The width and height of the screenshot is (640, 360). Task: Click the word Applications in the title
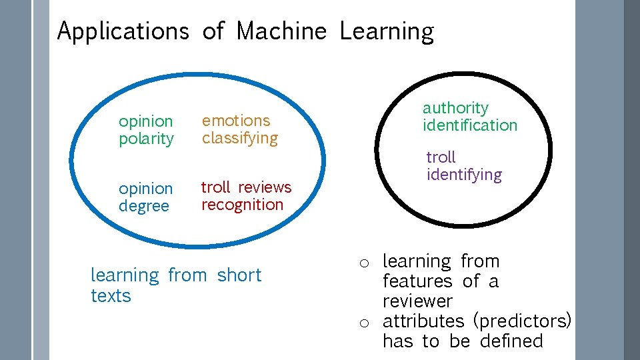coord(123,31)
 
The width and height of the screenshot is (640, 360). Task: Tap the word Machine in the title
coord(281,31)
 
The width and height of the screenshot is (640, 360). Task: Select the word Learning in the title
coord(386,31)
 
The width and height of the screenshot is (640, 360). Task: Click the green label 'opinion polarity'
coord(146,130)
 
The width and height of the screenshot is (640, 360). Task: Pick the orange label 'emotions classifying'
coord(239,129)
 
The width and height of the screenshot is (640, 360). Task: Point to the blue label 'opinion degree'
coord(145,197)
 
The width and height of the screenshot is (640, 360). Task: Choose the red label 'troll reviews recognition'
coord(246,196)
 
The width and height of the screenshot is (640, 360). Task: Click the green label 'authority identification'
coord(469,117)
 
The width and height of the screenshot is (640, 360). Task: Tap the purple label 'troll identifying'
coord(464,166)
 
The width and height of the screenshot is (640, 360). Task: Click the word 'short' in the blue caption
coord(239,275)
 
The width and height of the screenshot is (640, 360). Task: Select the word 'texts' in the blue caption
coord(111,295)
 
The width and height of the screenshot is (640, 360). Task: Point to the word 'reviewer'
coord(417,301)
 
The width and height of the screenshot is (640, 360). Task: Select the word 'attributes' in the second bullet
coord(423,321)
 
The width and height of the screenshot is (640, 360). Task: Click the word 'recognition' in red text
coord(242,205)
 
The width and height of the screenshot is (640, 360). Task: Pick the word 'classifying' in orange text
coord(239,138)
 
